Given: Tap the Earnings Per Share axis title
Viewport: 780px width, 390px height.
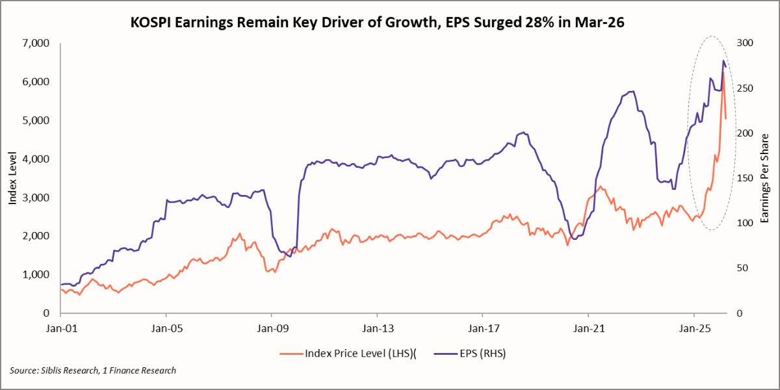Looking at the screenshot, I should tap(765, 178).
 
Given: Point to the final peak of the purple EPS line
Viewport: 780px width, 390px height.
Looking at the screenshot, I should tap(723, 60).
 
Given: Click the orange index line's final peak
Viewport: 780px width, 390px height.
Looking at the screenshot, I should tap(723, 71).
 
